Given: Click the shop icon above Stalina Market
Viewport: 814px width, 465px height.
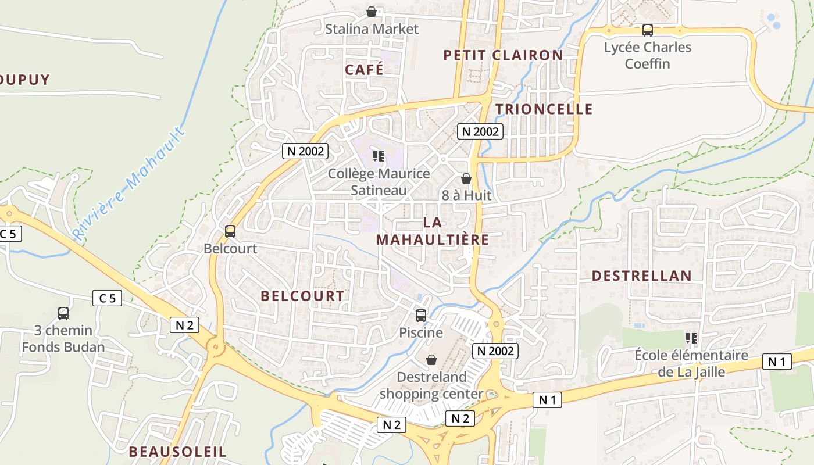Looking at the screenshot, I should [372, 12].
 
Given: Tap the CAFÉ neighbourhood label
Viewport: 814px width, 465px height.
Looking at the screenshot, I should [364, 70].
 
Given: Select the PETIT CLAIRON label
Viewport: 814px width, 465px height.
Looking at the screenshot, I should [503, 55].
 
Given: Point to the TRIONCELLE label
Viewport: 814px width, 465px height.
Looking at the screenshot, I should [544, 109].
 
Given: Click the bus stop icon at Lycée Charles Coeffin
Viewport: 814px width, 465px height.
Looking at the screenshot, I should [647, 30].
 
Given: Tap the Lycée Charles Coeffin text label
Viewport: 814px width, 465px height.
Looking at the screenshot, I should [648, 55].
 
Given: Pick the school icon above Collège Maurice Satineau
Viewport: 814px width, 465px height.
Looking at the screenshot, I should [379, 156].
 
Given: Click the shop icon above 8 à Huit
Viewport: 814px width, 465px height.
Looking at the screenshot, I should [466, 178].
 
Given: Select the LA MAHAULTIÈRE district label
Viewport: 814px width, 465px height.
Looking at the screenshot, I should [432, 231].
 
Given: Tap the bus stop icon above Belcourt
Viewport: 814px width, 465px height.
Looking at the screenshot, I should [230, 231].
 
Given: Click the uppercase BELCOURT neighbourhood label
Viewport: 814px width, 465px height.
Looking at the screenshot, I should [302, 296].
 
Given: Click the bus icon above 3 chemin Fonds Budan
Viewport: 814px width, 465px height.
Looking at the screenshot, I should [63, 313].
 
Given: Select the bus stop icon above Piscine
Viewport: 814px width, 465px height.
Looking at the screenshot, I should [421, 316].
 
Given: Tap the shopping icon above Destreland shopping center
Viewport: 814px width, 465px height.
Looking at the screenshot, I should [431, 360].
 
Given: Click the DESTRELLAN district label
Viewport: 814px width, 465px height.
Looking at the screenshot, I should [642, 276].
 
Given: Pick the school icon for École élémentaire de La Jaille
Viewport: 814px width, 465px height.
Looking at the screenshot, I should [691, 338].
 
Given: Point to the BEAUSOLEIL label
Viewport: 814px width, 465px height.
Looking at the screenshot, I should [177, 452].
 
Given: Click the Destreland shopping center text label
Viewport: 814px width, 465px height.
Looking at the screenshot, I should [431, 385].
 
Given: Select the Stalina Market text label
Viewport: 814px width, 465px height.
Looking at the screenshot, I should [372, 29].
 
